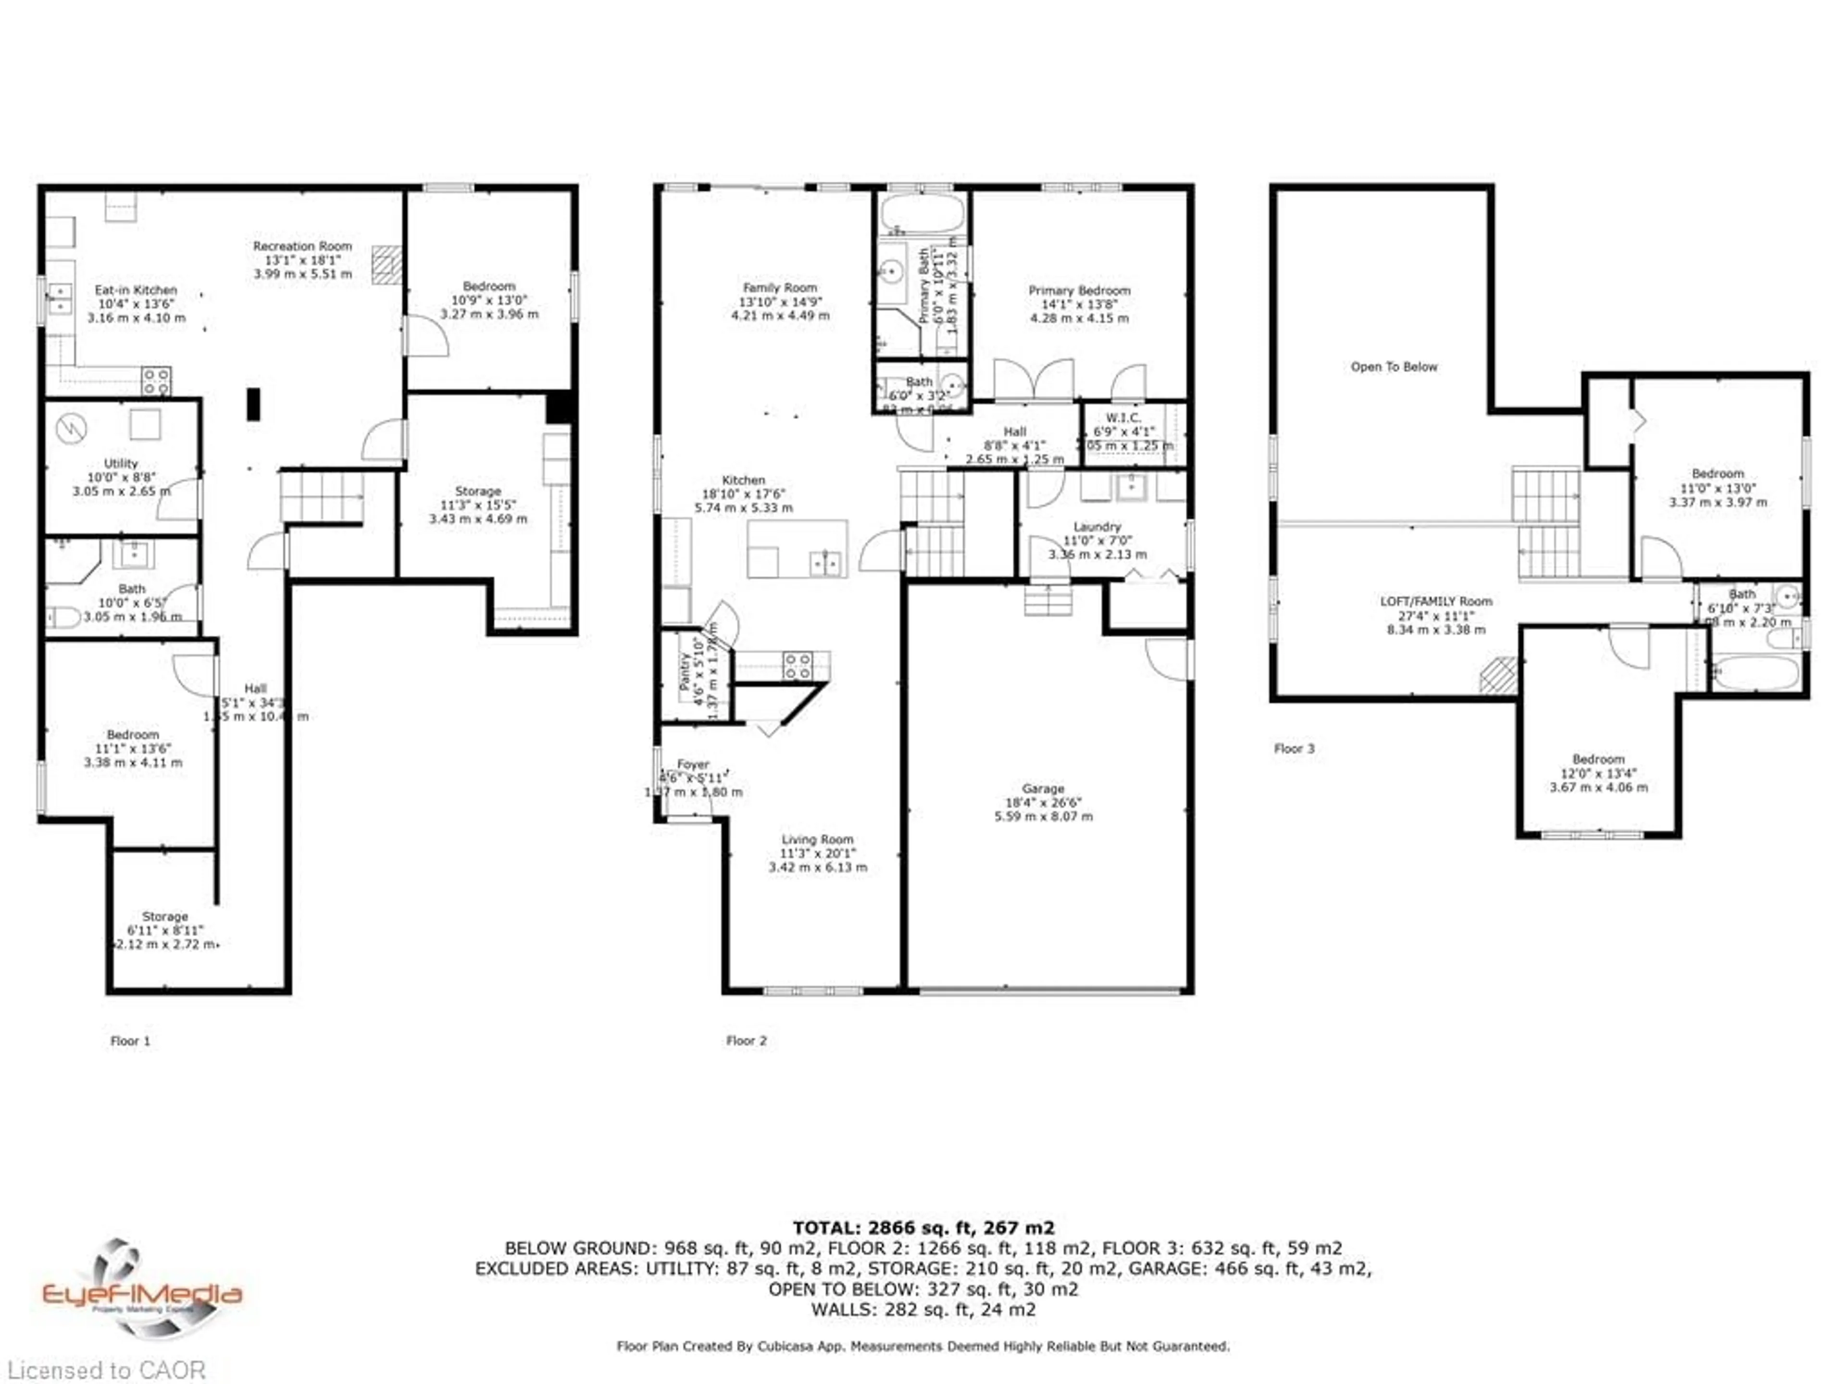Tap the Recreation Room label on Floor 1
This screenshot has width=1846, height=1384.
click(302, 246)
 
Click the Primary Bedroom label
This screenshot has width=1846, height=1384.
click(1079, 290)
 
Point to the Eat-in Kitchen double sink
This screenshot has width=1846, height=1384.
click(60, 298)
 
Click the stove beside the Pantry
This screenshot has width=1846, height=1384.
click(797, 666)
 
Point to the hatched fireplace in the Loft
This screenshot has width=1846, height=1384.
click(1498, 675)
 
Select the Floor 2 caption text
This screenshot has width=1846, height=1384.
click(746, 1040)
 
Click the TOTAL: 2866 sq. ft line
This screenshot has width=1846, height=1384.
click(923, 1228)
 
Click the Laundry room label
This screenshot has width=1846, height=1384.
click(1097, 526)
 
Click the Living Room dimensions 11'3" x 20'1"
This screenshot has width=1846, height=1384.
click(817, 853)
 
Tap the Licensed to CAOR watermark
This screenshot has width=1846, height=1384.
click(106, 1369)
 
